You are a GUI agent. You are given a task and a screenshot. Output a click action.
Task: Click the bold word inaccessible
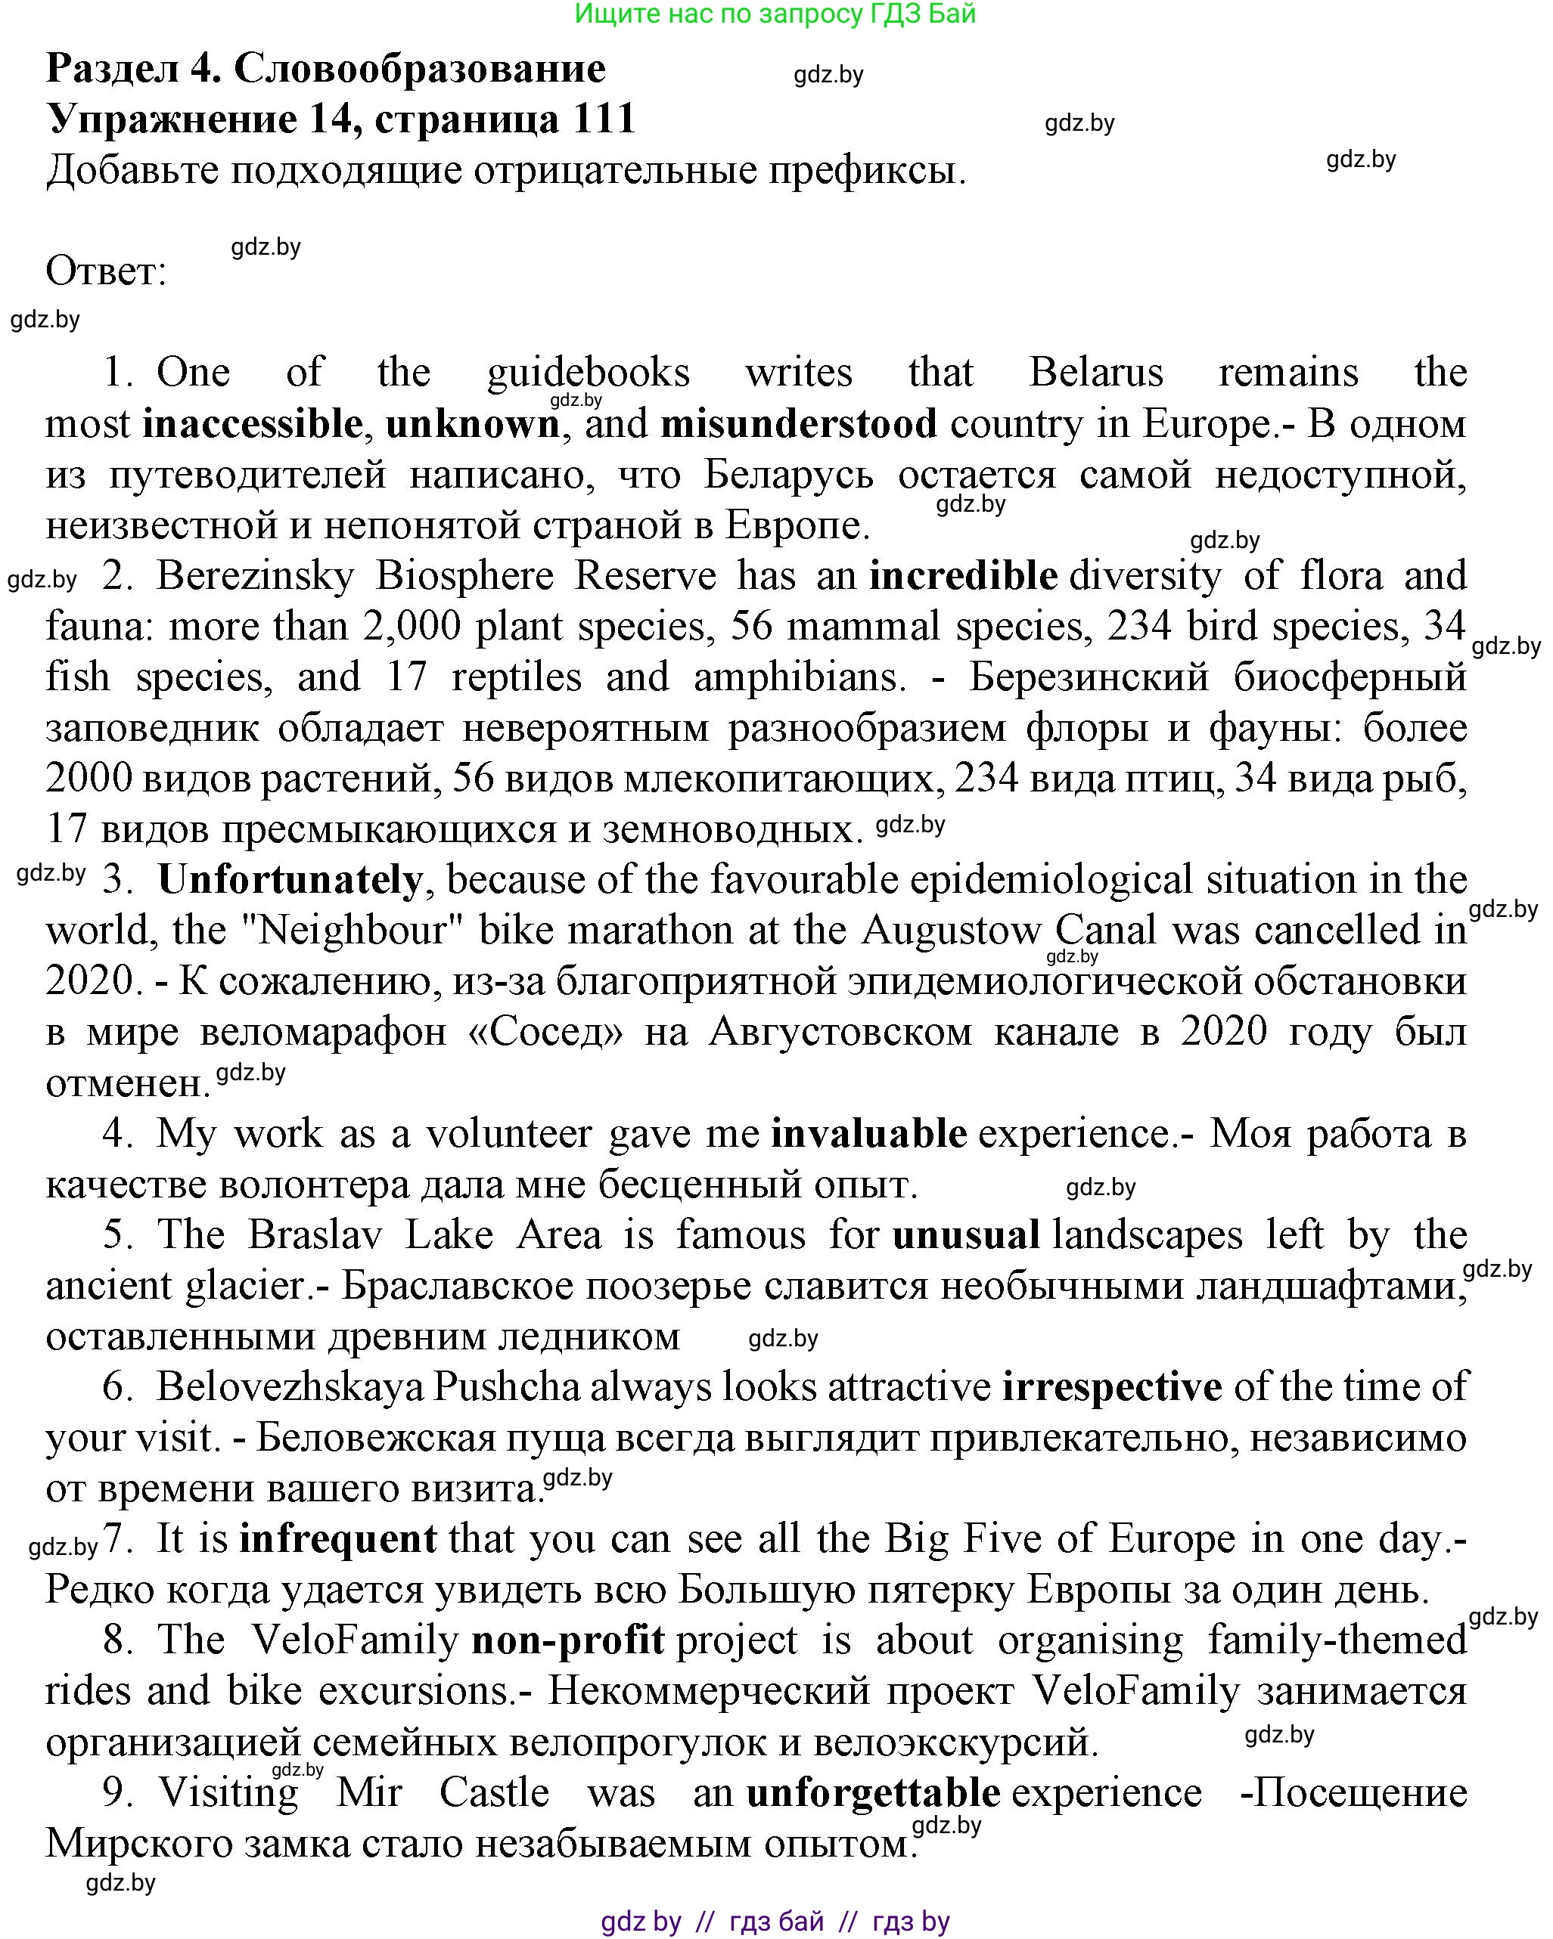252,423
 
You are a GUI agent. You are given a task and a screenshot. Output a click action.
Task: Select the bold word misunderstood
798,423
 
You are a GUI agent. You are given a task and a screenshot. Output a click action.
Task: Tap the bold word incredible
963,575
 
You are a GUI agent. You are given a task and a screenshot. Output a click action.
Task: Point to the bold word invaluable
868,1133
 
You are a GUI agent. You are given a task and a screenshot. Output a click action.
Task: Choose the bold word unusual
965,1234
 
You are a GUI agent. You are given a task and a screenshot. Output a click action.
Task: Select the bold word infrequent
337,1539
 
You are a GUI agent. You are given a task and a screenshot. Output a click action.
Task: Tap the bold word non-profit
568,1640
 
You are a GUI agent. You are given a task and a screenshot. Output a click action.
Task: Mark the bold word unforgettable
873,1792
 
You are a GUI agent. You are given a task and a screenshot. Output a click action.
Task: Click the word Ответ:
106,271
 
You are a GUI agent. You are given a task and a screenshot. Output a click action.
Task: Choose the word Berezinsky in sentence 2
256,575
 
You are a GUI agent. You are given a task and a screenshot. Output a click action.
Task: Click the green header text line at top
775,14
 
